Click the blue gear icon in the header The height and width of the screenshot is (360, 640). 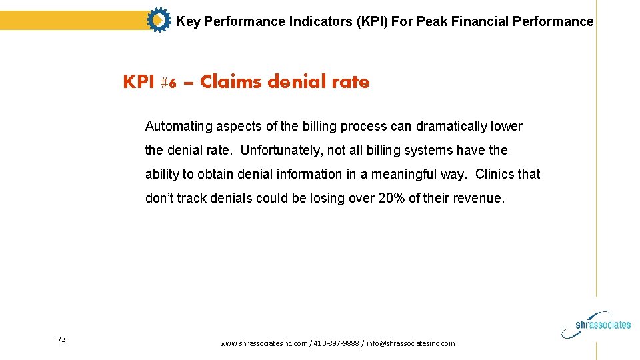click(158, 21)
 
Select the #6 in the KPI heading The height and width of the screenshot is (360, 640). click(169, 83)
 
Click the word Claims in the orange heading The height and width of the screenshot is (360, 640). click(231, 82)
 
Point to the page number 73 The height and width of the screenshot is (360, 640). click(61, 339)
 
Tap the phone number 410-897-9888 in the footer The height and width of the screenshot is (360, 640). click(335, 343)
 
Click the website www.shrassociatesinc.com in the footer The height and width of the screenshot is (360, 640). click(264, 343)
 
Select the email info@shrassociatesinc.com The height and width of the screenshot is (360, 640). click(411, 343)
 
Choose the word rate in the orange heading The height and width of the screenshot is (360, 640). click(354, 82)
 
